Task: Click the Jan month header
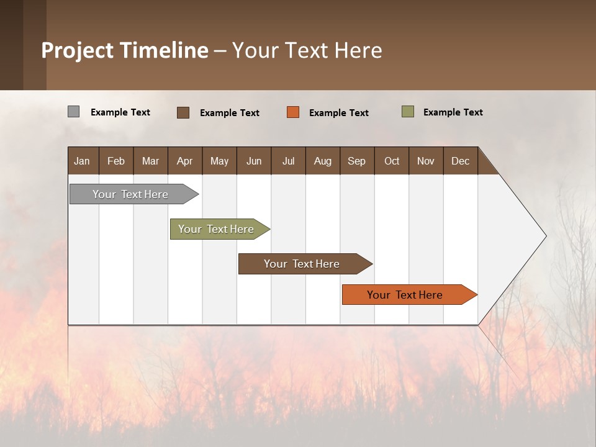click(82, 161)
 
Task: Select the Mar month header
click(150, 161)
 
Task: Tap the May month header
click(219, 161)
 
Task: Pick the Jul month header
click(288, 161)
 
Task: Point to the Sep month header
click(356, 161)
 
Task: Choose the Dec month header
click(460, 161)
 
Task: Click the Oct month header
click(392, 161)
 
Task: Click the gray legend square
click(73, 112)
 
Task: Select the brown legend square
click(183, 112)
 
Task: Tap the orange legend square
click(293, 112)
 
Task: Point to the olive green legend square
click(407, 112)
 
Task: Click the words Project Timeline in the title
click(125, 50)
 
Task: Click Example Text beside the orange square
click(339, 113)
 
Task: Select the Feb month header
click(116, 161)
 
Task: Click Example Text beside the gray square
click(120, 112)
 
